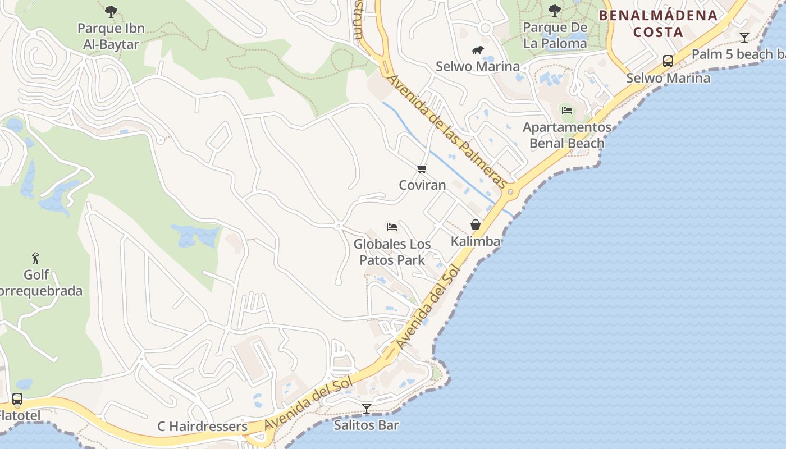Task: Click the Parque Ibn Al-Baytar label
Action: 111,36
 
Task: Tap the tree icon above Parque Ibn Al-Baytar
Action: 111,11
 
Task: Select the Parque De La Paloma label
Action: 555,35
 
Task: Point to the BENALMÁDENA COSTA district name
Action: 659,24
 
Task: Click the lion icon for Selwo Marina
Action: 478,51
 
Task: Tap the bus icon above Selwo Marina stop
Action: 668,61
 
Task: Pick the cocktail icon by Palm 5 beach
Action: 744,38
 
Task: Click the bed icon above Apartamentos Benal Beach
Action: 567,111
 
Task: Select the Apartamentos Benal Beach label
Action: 567,135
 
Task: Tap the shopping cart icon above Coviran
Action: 422,168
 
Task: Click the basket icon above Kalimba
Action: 476,225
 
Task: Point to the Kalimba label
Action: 476,241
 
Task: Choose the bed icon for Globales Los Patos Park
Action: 392,227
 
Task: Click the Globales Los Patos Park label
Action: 392,252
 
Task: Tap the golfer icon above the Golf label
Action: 36,258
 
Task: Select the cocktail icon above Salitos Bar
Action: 367,409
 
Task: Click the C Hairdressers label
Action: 202,427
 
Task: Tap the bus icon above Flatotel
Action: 17,400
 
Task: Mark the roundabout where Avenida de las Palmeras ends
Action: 510,192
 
